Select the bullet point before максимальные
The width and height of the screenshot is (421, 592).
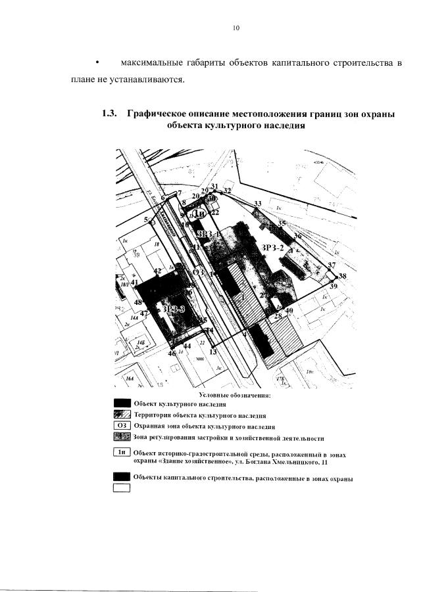pos(97,62)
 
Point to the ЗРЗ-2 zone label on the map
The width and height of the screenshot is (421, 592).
pos(273,247)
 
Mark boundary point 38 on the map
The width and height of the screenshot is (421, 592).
pos(341,276)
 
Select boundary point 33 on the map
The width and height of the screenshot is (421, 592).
pos(258,204)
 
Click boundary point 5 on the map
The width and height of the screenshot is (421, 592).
pos(146,219)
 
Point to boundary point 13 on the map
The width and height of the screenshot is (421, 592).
pos(213,352)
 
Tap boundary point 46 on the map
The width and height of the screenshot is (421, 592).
pos(172,353)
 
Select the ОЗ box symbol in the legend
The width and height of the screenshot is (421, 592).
pos(122,426)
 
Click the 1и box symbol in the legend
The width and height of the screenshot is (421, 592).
pos(122,451)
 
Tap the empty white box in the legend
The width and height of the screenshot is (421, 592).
pos(122,487)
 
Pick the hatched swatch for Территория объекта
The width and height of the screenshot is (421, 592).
pos(122,415)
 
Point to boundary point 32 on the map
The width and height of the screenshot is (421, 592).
pos(227,191)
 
